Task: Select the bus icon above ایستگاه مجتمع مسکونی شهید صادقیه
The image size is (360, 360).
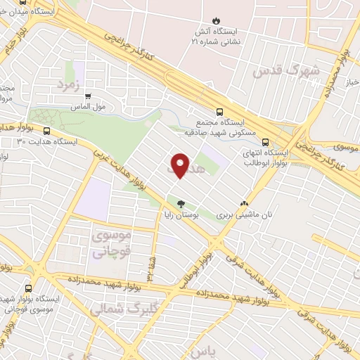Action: click(220, 111)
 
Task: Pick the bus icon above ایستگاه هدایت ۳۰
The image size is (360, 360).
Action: click(47, 131)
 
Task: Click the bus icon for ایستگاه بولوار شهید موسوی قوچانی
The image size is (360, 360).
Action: click(28, 288)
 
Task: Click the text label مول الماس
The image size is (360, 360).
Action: click(89, 108)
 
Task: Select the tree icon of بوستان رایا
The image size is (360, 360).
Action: click(181, 204)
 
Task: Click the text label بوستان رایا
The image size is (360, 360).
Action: click(181, 215)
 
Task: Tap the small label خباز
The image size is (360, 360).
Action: click(350, 82)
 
